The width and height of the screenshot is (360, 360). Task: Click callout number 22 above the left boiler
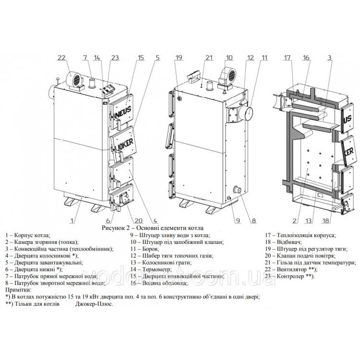pos(61,58)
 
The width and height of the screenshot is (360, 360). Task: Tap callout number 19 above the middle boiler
pos(179,58)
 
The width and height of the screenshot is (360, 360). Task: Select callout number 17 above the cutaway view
pos(287,58)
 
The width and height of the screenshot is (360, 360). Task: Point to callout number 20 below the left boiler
pos(138,221)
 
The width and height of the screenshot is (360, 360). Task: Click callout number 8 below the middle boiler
pos(253,221)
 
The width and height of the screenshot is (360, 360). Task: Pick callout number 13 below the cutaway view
pos(309,221)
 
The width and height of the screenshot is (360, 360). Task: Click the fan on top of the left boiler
pos(74,80)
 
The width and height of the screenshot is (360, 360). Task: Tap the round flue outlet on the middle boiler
pos(246,113)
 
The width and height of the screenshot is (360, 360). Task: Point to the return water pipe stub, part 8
pos(237,190)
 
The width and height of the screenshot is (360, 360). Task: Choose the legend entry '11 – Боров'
pos(144,249)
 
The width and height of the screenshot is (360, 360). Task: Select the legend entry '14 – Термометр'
pos(151,269)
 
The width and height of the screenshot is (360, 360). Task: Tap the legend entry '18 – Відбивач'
pos(283,242)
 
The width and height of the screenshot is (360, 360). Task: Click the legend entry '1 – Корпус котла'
pos(27,235)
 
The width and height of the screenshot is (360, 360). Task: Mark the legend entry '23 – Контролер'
pos(290,276)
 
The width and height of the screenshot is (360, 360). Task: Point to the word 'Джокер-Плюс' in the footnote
pos(94,304)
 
